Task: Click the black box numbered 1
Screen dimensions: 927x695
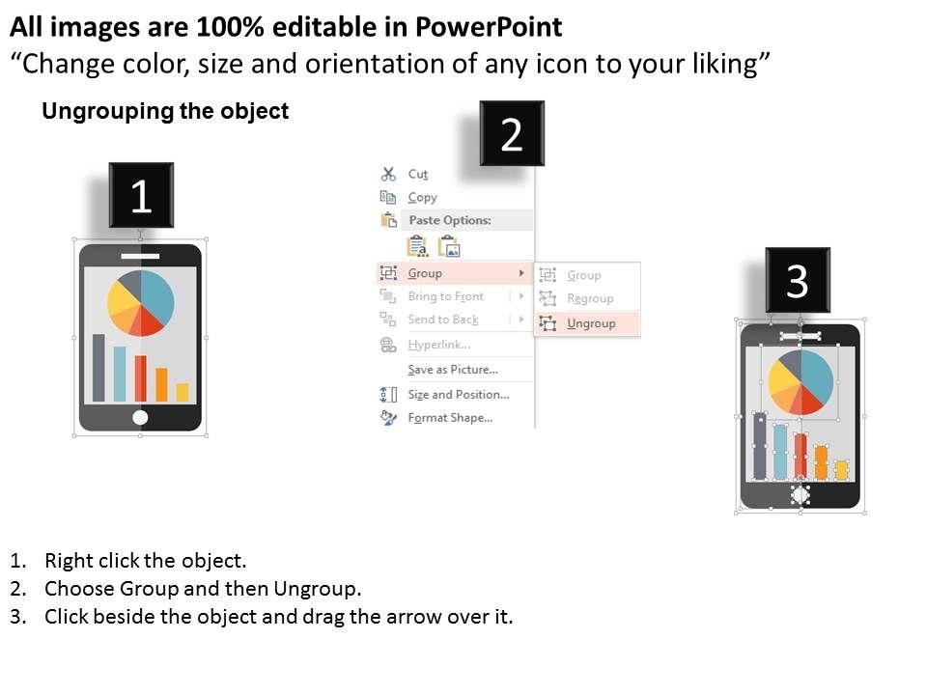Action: (141, 195)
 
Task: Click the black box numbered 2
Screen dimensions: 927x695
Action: (512, 133)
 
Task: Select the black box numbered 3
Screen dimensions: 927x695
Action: (798, 280)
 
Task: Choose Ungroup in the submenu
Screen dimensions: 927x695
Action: (591, 323)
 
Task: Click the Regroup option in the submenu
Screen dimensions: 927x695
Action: (590, 298)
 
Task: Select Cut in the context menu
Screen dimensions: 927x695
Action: (417, 174)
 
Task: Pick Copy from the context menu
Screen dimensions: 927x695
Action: (422, 197)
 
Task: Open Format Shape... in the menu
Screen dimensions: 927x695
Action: (450, 418)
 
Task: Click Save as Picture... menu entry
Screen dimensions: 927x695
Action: (453, 370)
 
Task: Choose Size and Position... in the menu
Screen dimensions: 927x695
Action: (458, 394)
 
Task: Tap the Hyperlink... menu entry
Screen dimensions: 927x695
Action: (438, 344)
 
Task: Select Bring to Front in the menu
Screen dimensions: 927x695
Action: (446, 296)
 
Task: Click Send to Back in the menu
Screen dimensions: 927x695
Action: (443, 320)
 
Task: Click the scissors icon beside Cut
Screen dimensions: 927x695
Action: (388, 174)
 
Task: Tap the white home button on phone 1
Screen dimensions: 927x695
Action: (140, 417)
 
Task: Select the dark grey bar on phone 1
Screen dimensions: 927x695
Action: (98, 368)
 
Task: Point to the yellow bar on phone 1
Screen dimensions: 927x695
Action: (183, 393)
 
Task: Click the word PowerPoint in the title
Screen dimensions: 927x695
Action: (489, 27)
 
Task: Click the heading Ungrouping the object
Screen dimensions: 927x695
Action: (165, 111)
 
